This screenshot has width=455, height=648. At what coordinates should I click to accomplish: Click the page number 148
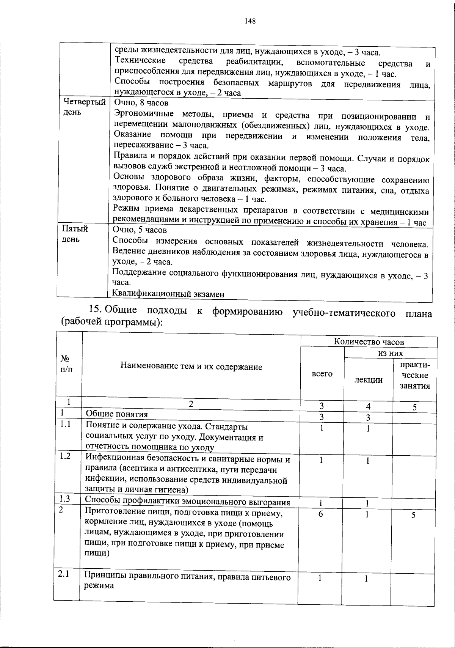pos(250,21)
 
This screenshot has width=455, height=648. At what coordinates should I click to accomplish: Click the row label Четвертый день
pos(84,107)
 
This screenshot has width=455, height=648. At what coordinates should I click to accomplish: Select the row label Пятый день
pos(75,234)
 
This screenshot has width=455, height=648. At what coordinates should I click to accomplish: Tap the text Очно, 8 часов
pos(141,103)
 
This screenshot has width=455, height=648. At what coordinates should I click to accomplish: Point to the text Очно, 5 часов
pos(140,230)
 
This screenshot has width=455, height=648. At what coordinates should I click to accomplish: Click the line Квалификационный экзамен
pos(168,294)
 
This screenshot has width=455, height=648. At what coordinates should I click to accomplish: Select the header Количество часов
pos(369,342)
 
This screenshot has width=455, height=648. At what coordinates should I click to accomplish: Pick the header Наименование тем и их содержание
pos(191,366)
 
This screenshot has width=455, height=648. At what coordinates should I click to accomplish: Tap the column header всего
pos(322,374)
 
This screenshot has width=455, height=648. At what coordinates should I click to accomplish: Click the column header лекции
pos(368,380)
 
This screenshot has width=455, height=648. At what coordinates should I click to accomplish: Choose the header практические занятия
pos(414,375)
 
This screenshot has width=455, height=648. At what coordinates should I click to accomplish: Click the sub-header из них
pos(391,354)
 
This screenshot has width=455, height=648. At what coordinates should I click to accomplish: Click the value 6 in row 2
pos(321,515)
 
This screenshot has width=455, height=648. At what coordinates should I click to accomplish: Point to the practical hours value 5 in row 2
pos(413,515)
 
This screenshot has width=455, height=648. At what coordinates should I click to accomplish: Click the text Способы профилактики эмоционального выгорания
pos(187,503)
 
